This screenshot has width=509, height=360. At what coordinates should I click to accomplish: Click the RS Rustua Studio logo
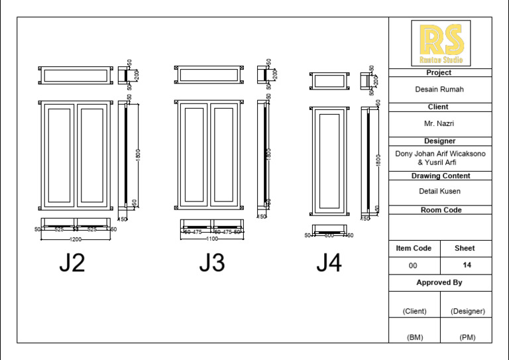coord(441,43)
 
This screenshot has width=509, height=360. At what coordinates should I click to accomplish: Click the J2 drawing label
coord(72,263)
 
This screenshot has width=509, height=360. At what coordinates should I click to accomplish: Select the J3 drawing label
coord(212,263)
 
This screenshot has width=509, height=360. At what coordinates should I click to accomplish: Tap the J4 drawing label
coord(329,263)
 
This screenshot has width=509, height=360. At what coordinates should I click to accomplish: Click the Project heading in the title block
coord(439,73)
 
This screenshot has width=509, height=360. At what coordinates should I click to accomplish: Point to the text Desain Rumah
coord(439,90)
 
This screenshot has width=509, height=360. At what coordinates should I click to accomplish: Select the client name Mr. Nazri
coord(439,124)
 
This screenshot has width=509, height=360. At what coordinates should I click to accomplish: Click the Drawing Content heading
coord(441,176)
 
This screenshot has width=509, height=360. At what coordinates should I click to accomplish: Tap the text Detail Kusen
coord(439,192)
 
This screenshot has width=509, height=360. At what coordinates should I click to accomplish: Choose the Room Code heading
coord(441,210)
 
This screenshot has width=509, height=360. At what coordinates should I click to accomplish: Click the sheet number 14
coord(467,265)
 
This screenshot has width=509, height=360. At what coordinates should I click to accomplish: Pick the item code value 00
coord(414,265)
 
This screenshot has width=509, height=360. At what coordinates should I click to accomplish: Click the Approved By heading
coord(439,282)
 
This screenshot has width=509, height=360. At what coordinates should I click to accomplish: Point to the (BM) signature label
coord(414,337)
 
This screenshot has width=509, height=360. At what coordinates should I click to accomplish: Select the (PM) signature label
coord(467,337)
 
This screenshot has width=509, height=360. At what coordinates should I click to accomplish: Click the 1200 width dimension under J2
coord(76,239)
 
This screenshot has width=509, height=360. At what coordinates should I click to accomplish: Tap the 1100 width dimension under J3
coord(212,239)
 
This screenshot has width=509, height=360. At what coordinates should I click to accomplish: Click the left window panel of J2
coord(60,155)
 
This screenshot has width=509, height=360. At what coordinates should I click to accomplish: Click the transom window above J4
coord(329,81)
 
